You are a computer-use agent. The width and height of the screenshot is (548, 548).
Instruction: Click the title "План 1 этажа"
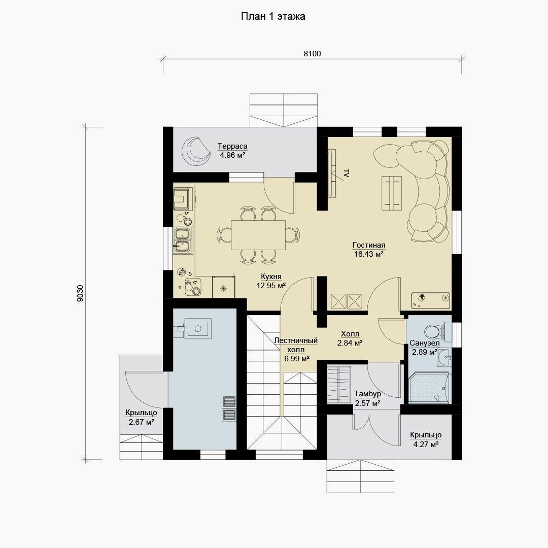tap(273, 16)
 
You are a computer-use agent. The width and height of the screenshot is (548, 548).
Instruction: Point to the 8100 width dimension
tap(312, 53)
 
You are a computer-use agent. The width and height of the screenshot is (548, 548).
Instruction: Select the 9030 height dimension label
tap(80, 293)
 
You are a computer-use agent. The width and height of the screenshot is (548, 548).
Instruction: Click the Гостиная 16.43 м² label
tap(369, 250)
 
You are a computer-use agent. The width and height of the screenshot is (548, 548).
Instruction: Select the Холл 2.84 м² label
tap(350, 338)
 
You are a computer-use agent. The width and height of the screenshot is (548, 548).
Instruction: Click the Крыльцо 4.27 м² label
tap(426, 439)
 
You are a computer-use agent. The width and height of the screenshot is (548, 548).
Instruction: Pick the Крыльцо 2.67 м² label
tap(141, 417)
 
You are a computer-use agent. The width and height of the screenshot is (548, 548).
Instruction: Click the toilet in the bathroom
tap(437, 331)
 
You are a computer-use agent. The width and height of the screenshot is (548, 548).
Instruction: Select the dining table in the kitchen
tap(258, 235)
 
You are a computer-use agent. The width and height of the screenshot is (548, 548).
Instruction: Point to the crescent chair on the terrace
tap(196, 150)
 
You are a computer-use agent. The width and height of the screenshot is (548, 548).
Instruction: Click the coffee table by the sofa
tap(391, 193)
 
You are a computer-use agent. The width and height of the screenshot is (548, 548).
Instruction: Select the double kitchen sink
tap(183, 241)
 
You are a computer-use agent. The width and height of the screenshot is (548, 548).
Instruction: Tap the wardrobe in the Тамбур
tap(338, 384)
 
